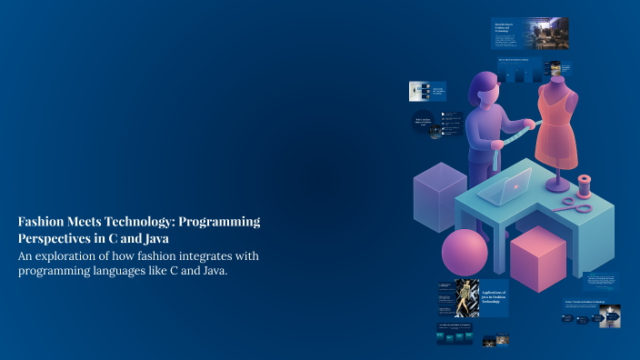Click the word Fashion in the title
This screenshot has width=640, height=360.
click(43, 222)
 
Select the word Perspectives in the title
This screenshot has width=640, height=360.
click(60, 238)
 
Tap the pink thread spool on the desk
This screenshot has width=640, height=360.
click(584, 185)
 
